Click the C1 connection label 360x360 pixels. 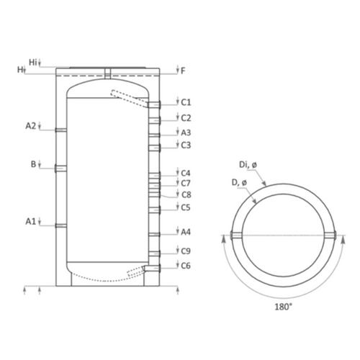coord(186,102)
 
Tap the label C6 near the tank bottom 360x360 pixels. coord(186,266)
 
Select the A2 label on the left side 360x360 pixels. coord(31,125)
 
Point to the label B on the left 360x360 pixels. coord(33,164)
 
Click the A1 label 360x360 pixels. coord(30,221)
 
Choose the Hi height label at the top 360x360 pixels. coord(33,63)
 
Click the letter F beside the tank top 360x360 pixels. coord(183,71)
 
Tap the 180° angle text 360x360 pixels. coord(284,307)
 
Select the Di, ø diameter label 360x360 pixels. coord(248,165)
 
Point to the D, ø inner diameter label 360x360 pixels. coord(239,183)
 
